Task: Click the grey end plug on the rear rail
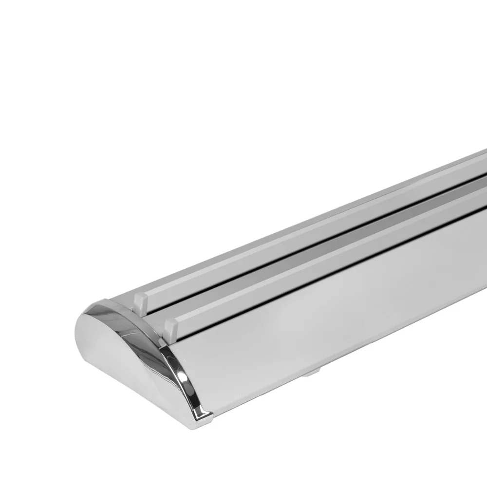[x=139, y=302]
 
